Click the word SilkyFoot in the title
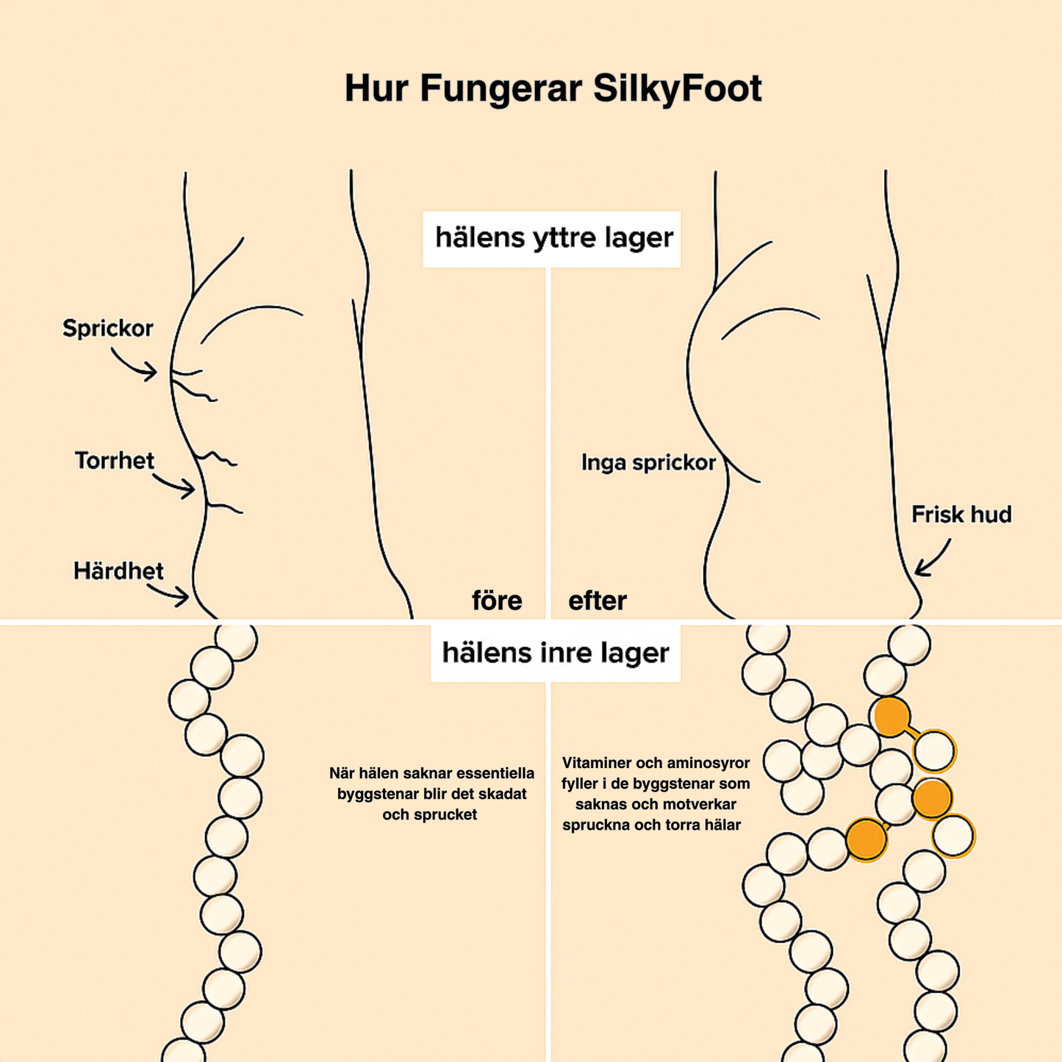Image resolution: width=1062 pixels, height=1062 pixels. point(677,89)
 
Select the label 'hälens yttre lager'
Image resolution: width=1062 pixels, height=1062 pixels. point(553,238)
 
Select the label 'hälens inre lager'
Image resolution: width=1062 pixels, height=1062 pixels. point(555,653)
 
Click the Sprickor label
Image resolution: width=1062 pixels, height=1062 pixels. point(108,328)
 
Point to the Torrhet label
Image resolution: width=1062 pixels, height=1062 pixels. point(115,461)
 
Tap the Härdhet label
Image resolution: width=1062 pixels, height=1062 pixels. point(118,571)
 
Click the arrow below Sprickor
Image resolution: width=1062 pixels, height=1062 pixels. point(136,365)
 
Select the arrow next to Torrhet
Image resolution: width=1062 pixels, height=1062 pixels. point(175,485)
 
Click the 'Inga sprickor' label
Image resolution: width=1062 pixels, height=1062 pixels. point(648,462)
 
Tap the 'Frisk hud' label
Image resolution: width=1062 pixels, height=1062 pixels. point(961,514)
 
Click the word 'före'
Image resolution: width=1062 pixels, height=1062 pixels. point(497,600)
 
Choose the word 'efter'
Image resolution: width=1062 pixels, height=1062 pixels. point(598,600)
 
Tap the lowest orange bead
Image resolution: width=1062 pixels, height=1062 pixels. point(867,839)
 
